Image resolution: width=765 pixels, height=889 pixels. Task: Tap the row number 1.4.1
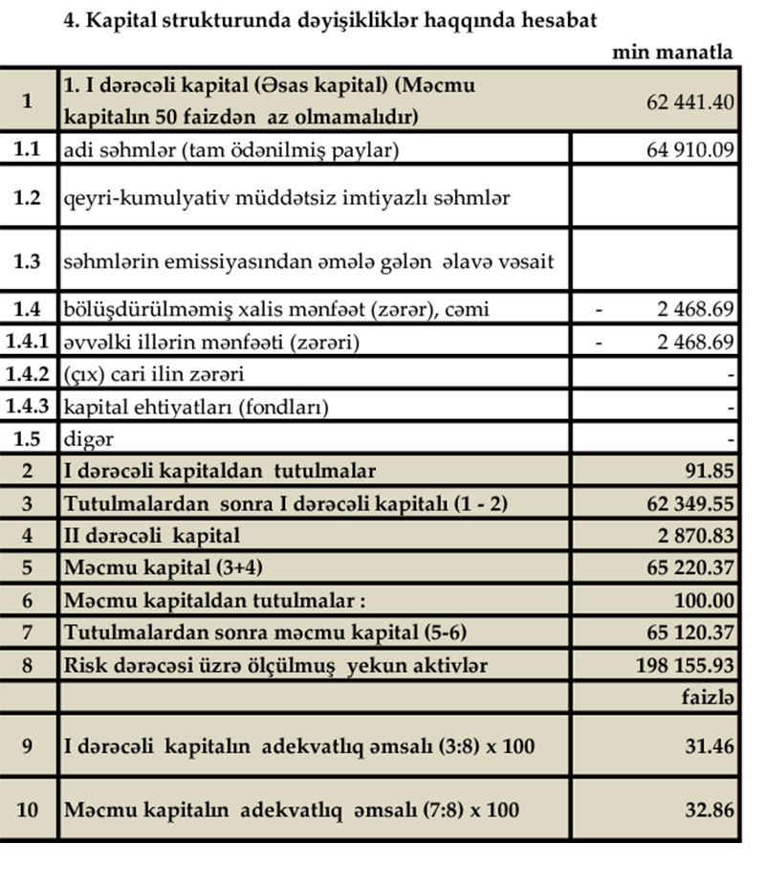[x=29, y=342]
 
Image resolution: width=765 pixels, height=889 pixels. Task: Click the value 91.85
[x=710, y=470]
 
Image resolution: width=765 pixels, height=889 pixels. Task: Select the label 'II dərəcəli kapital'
[x=151, y=536]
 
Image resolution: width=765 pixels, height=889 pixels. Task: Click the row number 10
[x=29, y=810]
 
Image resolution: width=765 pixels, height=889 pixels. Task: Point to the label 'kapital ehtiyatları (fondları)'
[x=196, y=407]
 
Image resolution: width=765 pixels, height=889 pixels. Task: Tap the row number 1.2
[x=29, y=198]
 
